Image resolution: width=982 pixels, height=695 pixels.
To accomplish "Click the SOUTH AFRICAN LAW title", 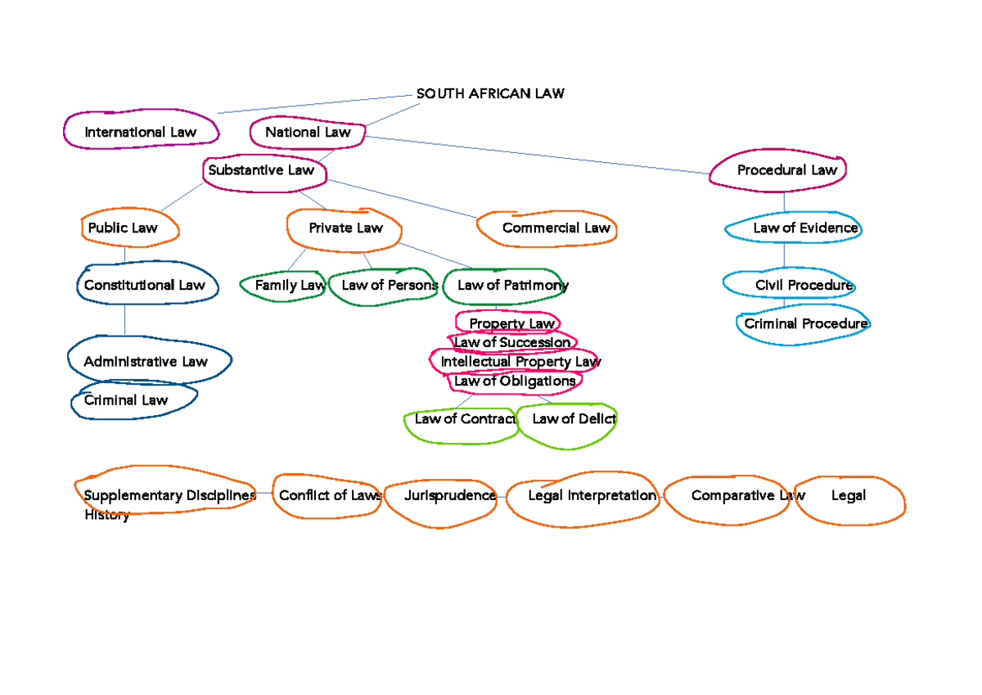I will (489, 93).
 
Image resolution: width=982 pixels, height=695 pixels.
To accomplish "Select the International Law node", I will (141, 132).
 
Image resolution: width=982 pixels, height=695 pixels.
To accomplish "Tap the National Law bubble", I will (308, 132).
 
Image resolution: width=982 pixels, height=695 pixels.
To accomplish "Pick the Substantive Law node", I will (262, 170).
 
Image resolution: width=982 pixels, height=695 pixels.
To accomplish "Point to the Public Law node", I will (124, 228).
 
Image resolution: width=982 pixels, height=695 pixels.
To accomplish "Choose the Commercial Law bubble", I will (556, 228).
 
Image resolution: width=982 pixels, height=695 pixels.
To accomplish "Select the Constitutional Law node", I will (144, 285).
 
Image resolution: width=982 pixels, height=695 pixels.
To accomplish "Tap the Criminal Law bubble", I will (127, 400).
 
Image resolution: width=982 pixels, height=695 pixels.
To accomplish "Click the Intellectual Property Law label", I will (520, 361).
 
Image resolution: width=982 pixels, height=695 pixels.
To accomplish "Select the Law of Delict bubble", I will (572, 420).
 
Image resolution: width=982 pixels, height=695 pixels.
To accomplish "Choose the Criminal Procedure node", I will (804, 324).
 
